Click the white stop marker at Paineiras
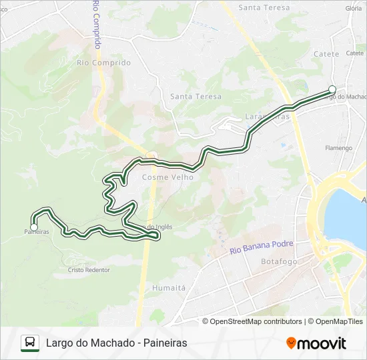click(x=34, y=227)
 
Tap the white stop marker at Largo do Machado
click(x=332, y=89)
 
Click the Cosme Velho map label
click(x=167, y=177)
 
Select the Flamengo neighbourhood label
click(x=338, y=147)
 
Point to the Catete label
click(x=326, y=55)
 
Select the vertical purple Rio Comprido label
click(x=97, y=24)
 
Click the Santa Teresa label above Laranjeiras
click(x=196, y=96)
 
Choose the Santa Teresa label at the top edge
click(x=264, y=8)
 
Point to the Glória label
click(x=354, y=8)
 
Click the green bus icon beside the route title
click(x=30, y=343)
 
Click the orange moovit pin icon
click(x=292, y=343)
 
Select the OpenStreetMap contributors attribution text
click(x=256, y=321)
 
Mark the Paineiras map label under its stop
click(x=36, y=232)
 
